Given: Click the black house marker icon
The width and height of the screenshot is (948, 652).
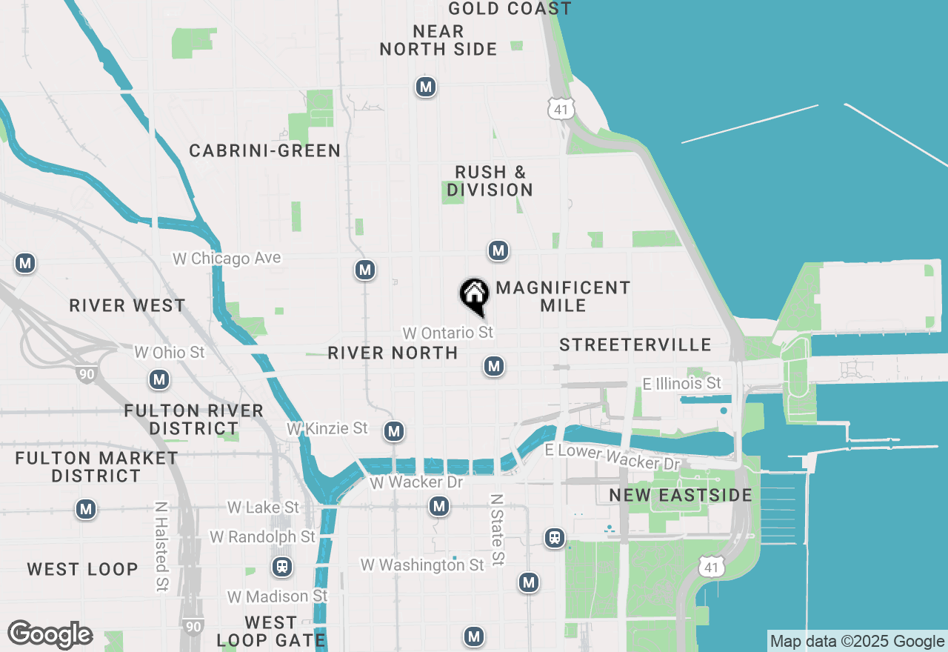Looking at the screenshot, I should [x=474, y=295].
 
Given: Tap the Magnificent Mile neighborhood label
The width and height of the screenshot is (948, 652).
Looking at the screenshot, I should [x=563, y=296].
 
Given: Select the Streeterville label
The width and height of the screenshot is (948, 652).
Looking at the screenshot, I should [x=635, y=345].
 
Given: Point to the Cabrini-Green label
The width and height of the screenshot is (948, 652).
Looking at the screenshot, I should [x=264, y=151].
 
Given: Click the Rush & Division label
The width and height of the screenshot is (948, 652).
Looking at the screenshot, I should [x=490, y=182].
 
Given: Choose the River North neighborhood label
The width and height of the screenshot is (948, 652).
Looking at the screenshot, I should [x=393, y=353].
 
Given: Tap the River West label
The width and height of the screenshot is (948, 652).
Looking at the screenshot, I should [x=127, y=306].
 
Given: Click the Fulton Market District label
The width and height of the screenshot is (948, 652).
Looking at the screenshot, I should [x=97, y=467].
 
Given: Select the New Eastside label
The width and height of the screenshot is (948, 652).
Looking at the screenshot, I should [x=681, y=495].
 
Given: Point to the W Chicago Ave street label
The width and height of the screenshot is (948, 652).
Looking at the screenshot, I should [x=227, y=259].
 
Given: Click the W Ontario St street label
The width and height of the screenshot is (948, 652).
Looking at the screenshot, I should [x=447, y=333].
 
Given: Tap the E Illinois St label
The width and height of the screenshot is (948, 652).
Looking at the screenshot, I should [x=681, y=383].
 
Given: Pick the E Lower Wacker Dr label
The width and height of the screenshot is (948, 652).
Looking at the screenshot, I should [x=612, y=457].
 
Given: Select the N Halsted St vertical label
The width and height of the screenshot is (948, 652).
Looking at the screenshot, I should [x=161, y=546].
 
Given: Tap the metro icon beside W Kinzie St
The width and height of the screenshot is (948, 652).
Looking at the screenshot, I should [x=394, y=430].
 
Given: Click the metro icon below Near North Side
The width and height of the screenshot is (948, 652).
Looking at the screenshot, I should [x=425, y=87].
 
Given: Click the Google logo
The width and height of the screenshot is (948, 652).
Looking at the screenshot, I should [x=50, y=634].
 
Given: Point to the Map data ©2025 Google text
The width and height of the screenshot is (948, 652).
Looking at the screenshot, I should [x=857, y=642].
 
